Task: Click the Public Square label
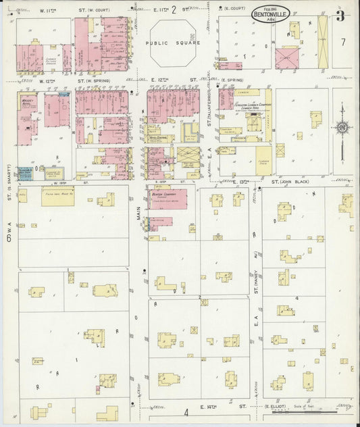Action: (x=172, y=42)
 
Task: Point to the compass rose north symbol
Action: (x=343, y=126)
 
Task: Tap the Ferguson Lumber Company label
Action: (x=253, y=106)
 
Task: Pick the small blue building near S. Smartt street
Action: (x=25, y=173)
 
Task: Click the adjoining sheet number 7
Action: (x=343, y=42)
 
